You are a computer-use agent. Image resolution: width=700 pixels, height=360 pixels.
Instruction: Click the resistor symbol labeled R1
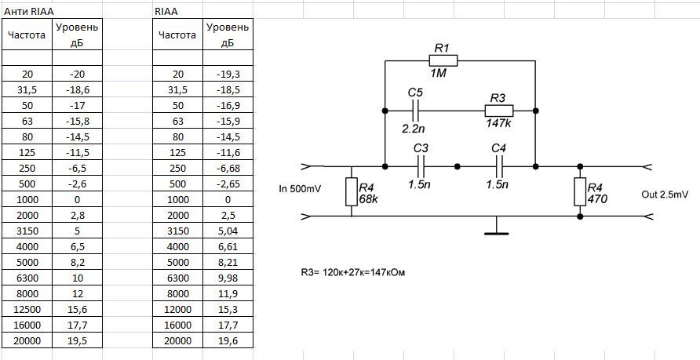[x=443, y=60]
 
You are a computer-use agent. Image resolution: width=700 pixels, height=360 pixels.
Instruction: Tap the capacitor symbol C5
[x=416, y=110]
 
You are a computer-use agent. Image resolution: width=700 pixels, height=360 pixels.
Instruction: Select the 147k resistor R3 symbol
[x=499, y=110]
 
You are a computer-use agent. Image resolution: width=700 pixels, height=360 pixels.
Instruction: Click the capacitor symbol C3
[x=421, y=166]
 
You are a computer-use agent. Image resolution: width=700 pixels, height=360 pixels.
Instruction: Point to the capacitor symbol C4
[x=499, y=166]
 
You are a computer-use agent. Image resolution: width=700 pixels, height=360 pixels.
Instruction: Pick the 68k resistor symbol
[x=352, y=192]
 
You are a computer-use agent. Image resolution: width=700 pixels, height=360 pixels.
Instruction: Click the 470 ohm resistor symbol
[x=580, y=192]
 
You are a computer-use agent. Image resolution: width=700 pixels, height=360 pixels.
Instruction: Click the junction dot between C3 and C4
[x=457, y=166]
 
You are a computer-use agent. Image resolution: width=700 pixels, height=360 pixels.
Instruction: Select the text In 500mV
[x=299, y=189]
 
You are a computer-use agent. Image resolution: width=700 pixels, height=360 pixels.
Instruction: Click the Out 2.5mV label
[x=664, y=195]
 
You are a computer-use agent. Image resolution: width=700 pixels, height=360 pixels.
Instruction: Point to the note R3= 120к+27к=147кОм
[x=353, y=271]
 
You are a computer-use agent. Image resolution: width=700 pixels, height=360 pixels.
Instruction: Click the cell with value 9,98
[x=228, y=278]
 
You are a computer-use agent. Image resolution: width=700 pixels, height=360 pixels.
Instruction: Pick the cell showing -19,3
[x=228, y=74]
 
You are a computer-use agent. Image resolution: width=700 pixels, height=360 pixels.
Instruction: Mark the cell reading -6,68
[x=228, y=168]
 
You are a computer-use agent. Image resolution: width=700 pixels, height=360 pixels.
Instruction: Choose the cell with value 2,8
[x=77, y=215]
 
